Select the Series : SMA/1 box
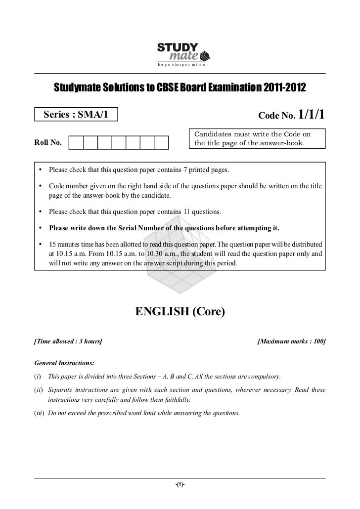(x=76, y=116)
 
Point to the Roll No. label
(x=48, y=143)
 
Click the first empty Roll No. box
(x=76, y=143)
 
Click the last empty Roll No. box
(x=162, y=143)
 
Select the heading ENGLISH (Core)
(x=180, y=312)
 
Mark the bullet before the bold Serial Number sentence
(x=39, y=228)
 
